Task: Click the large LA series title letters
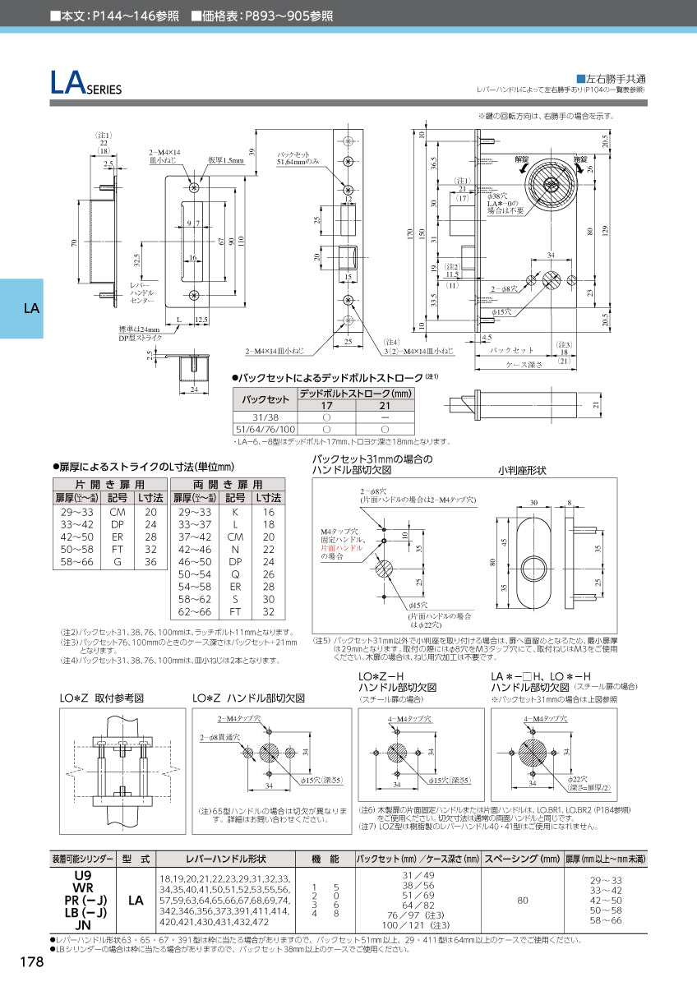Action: coord(66,83)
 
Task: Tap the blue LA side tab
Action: coord(31,309)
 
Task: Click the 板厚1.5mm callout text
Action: coord(226,161)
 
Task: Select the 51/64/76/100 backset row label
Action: coord(264,429)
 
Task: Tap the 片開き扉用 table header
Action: coord(109,485)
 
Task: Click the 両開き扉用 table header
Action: coord(227,485)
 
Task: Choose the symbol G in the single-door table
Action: coord(118,562)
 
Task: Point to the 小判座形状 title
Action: coord(522,471)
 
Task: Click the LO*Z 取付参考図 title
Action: coord(103,697)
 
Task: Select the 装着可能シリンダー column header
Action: coord(82,859)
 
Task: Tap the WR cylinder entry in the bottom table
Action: coord(82,888)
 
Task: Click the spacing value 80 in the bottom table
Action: coord(522,901)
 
